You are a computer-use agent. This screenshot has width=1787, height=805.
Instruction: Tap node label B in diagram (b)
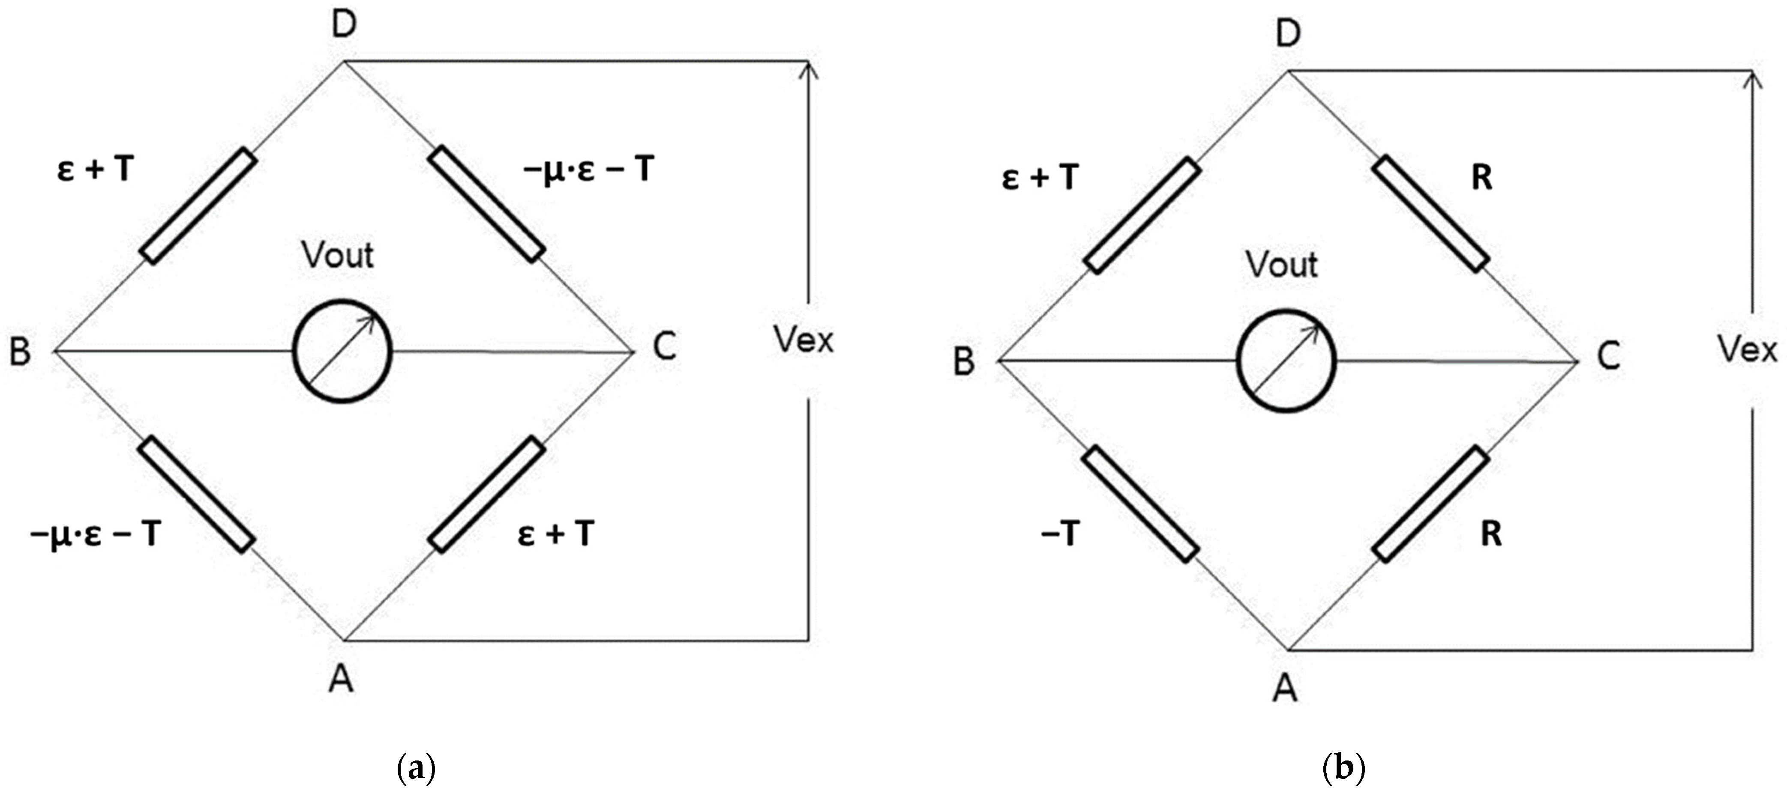964,361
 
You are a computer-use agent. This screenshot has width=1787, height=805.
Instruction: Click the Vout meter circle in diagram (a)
343,351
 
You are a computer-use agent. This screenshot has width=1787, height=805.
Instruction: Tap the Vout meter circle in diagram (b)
1286,361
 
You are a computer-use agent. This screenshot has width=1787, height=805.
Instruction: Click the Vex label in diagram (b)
1748,349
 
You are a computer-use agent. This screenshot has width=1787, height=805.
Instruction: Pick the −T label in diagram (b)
1060,534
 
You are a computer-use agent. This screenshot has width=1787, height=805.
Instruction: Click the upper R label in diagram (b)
1482,178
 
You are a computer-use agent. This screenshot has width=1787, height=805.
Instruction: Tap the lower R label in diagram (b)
1491,534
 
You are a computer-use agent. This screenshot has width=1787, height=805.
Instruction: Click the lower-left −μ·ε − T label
96,534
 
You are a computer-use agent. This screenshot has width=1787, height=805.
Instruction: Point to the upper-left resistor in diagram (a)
198,206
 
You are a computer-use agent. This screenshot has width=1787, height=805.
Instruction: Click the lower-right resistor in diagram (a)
486,495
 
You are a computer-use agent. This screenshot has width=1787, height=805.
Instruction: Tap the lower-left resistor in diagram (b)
1140,504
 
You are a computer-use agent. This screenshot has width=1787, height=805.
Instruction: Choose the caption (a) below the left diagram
416,769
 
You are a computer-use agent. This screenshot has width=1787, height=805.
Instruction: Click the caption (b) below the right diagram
1344,769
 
